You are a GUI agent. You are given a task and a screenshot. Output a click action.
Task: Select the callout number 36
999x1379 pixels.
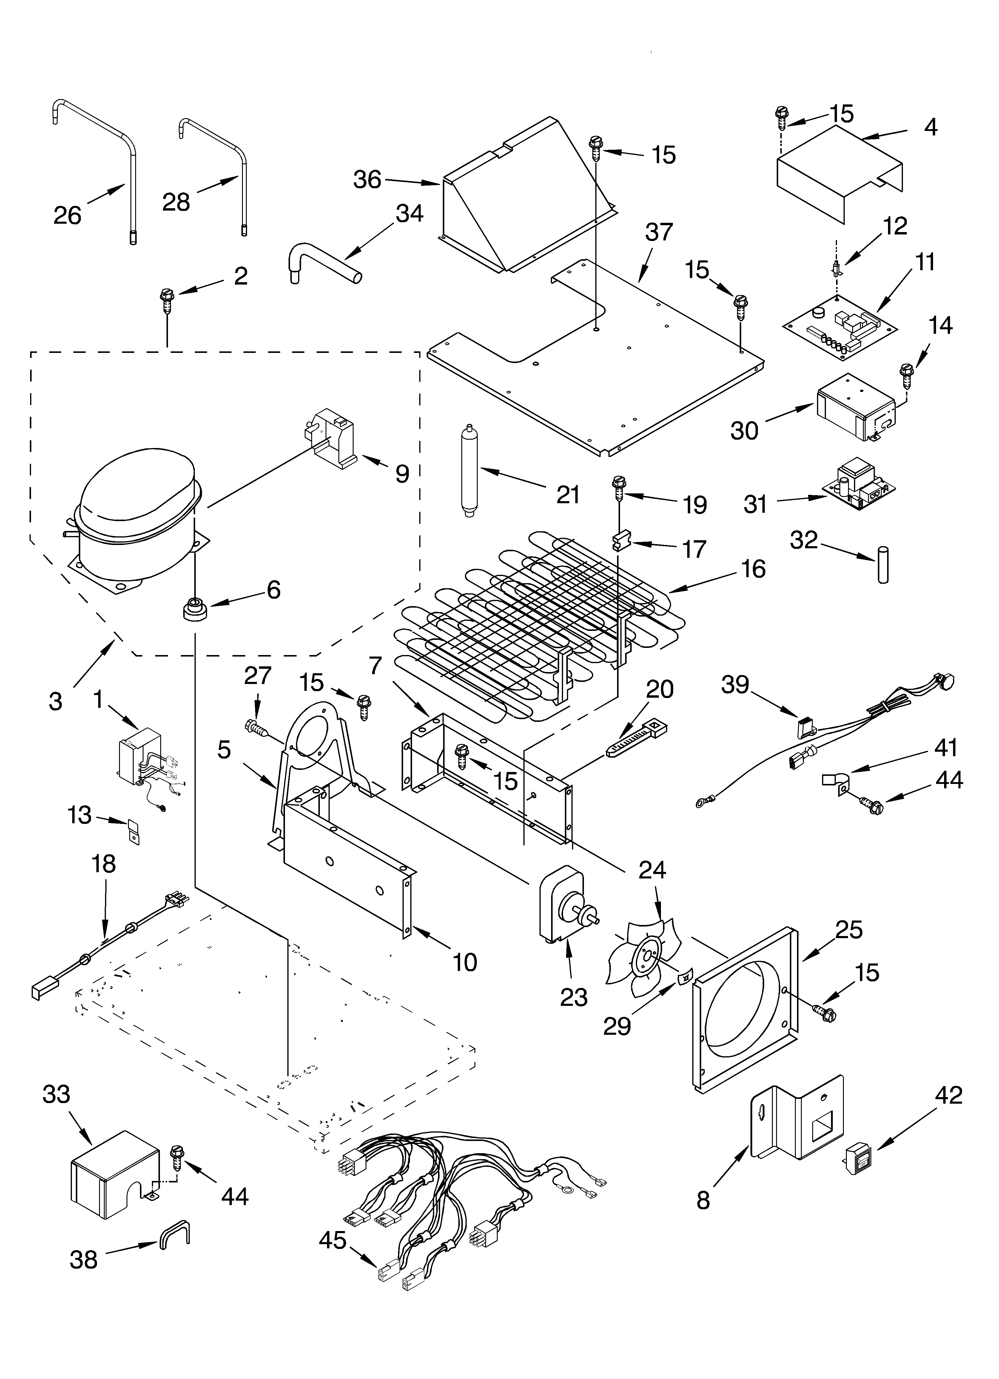click(368, 180)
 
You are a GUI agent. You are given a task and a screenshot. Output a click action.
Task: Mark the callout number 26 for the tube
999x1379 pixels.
click(67, 215)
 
